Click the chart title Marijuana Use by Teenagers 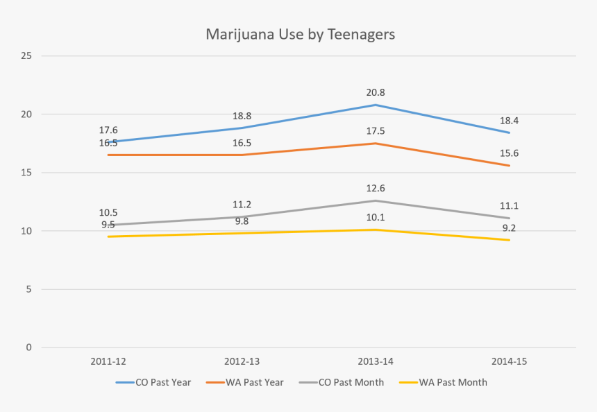(301, 35)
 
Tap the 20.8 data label (376, 92)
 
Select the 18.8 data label (242, 116)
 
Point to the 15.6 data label (509, 153)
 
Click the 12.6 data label (376, 188)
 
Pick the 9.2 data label (509, 228)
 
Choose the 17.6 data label (108, 130)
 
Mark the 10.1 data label (376, 217)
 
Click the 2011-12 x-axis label (108, 361)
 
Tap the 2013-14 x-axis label (376, 361)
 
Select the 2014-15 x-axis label (509, 361)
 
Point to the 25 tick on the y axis (26, 56)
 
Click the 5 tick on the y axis (29, 289)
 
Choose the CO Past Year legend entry (153, 382)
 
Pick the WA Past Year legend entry (245, 382)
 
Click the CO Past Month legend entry (342, 382)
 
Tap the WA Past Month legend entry (443, 382)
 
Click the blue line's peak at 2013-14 (376, 105)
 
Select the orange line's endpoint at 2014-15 (509, 166)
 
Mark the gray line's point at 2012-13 (242, 217)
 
